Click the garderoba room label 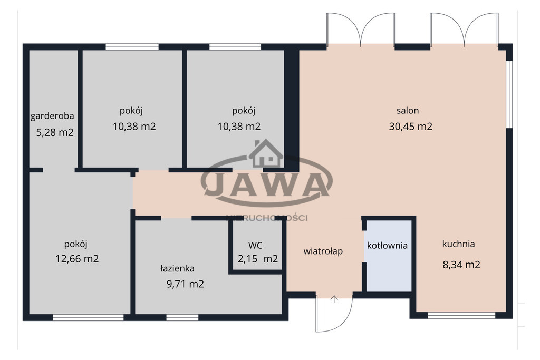(x=52, y=116)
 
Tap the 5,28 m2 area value (x=55, y=132)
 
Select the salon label (x=408, y=111)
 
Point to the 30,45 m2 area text (x=410, y=127)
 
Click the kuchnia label (x=459, y=244)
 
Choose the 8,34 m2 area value (x=461, y=265)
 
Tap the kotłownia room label (x=388, y=246)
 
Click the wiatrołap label (x=323, y=251)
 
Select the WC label (x=255, y=246)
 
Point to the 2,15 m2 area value (x=257, y=258)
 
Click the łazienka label (x=177, y=268)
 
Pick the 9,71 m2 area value (x=185, y=284)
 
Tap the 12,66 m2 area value (x=77, y=258)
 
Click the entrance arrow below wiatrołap (x=334, y=299)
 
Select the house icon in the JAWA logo (x=266, y=153)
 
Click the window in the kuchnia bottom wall (x=461, y=315)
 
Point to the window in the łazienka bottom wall (x=182, y=317)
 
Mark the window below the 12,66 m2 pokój (x=88, y=317)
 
